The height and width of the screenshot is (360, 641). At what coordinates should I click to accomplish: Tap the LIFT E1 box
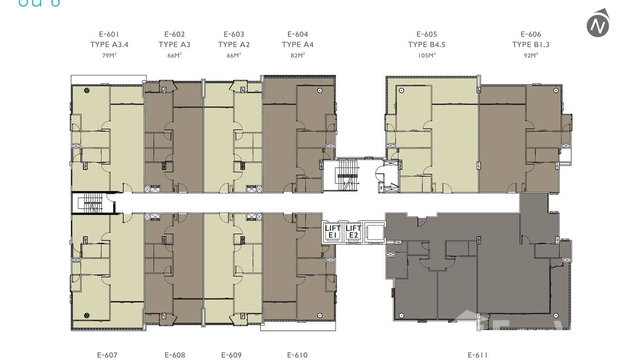(333, 232)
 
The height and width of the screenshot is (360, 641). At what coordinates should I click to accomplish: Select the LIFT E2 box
(353, 232)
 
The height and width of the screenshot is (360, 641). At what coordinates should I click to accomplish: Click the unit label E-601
(109, 34)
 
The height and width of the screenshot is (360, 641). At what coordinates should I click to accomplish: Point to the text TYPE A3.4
(109, 45)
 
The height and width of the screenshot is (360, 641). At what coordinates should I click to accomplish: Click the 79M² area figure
(109, 55)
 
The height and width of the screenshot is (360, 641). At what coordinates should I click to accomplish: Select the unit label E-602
(174, 34)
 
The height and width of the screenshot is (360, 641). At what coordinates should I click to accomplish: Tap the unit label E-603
(234, 34)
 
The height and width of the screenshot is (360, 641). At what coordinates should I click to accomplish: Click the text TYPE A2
(234, 45)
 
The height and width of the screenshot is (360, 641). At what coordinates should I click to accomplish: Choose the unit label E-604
(298, 34)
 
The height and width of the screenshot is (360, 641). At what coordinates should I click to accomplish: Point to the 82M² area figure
(298, 55)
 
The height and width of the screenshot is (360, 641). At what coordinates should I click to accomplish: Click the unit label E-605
(427, 34)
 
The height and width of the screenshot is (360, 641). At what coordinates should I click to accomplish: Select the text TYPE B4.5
(427, 45)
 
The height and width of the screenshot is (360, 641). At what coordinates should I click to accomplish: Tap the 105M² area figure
(427, 55)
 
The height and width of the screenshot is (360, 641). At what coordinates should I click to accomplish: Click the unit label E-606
(531, 34)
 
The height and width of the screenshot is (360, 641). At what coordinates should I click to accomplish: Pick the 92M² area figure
(531, 55)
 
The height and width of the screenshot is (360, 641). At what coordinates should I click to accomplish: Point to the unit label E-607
(107, 355)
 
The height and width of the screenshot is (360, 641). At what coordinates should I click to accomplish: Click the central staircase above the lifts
(347, 175)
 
